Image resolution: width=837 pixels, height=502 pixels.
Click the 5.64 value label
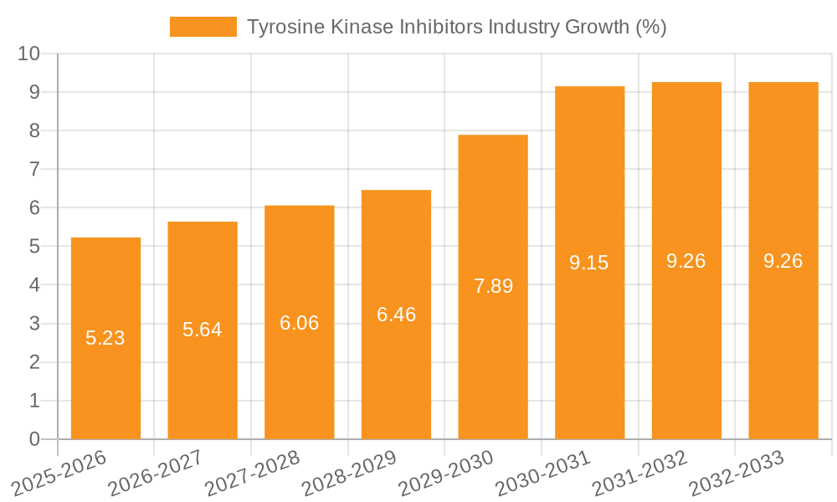click(x=203, y=330)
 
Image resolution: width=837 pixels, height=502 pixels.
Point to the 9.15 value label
click(x=589, y=263)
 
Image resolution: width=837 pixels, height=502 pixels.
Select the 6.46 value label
click(x=397, y=315)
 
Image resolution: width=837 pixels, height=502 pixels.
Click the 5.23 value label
click(x=105, y=338)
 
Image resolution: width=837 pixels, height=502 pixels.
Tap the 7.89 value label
click(x=493, y=286)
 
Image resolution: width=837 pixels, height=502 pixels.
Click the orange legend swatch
click(x=203, y=27)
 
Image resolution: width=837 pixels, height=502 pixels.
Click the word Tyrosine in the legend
click(x=282, y=27)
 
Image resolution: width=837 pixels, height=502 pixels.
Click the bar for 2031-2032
click(x=686, y=351)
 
